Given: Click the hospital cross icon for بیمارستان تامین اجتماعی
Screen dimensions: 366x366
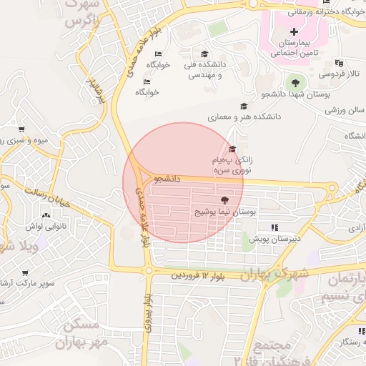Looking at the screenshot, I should pos(294,31).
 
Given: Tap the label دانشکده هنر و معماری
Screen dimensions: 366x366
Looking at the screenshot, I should pos(244,116).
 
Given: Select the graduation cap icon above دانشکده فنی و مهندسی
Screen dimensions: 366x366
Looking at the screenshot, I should pos(204,54).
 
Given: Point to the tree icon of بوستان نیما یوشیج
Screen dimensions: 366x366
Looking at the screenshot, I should pos(225,201).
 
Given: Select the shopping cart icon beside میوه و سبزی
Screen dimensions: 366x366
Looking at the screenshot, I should pos(21,129).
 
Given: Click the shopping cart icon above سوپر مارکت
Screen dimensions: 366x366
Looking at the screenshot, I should pos(26,272).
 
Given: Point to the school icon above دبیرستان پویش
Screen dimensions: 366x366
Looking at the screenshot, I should pos(274,227).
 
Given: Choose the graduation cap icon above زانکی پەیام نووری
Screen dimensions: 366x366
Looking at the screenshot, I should pos(232,149).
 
